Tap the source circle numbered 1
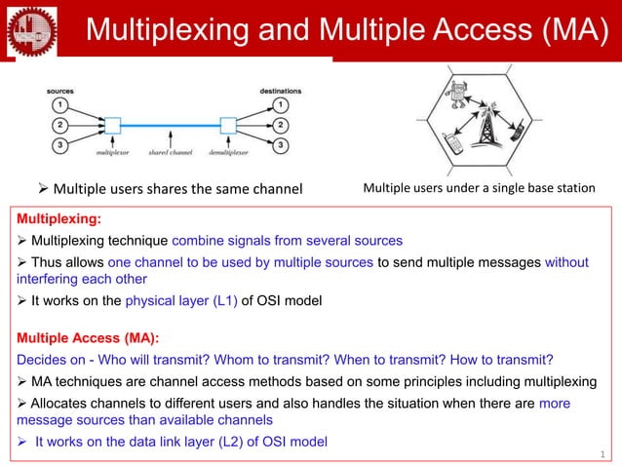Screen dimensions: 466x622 coord(59,104)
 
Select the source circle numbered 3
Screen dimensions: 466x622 coord(59,145)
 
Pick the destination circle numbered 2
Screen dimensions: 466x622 coord(281,125)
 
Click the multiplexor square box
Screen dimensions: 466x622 coord(113,125)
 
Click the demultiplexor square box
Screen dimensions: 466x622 coord(228,125)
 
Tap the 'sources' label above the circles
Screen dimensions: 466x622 coord(59,90)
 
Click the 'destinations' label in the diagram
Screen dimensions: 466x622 coord(280,90)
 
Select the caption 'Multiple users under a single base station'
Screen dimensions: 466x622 coord(478,187)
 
